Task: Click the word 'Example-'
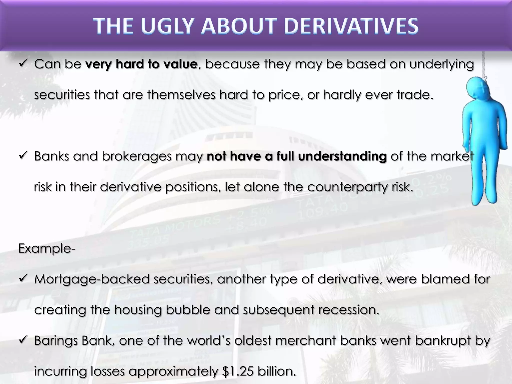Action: click(47, 248)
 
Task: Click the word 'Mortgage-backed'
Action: click(92, 279)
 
